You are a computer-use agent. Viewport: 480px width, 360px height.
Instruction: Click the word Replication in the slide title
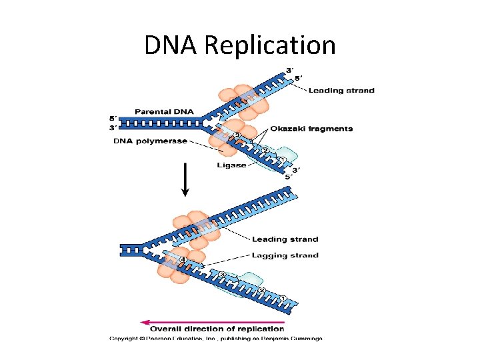coord(270,45)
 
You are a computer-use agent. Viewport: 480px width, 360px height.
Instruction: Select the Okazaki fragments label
coord(311,129)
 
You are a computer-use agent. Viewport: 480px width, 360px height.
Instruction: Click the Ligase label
coord(231,165)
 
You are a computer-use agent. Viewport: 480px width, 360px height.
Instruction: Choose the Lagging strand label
coord(285,255)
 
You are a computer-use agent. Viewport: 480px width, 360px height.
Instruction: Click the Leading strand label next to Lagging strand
coord(285,239)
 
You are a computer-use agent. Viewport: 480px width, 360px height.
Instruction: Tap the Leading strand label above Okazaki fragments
coord(341,91)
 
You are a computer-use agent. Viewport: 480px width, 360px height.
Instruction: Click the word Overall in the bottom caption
coord(168,329)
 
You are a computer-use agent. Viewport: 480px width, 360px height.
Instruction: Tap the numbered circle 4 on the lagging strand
coord(182,259)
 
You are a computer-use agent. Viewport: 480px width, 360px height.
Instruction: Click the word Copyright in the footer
coord(125,339)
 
